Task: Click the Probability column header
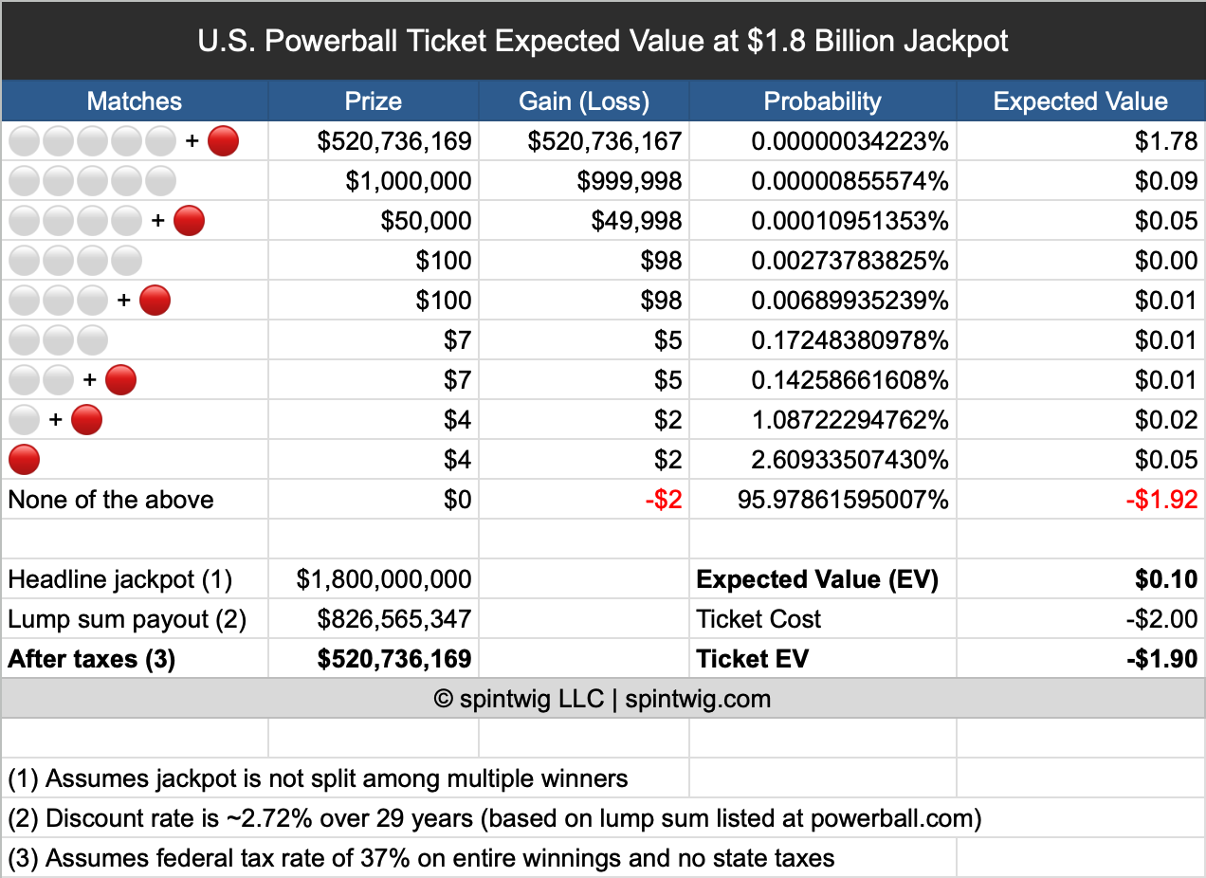[822, 101]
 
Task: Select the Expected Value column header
[1080, 101]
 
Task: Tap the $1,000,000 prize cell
[408, 181]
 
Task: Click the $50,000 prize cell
[426, 221]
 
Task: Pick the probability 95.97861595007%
[843, 500]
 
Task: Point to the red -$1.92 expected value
[1161, 500]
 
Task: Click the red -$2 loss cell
[663, 500]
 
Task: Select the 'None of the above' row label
[111, 500]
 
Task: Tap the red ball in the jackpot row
[223, 141]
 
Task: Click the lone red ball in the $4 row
[24, 460]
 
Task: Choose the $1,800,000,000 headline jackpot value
[383, 579]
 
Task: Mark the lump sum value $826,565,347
[393, 619]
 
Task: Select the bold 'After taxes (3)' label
[92, 659]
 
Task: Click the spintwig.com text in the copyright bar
[698, 700]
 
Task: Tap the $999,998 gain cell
[629, 181]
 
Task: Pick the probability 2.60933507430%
[850, 460]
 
